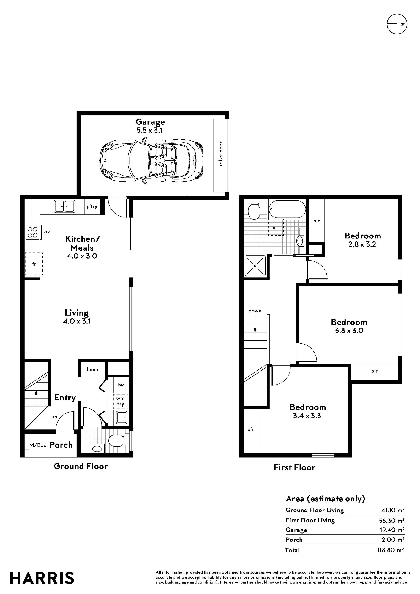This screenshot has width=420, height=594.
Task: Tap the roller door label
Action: pyautogui.click(x=221, y=154)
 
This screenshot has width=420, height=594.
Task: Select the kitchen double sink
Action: pyautogui.click(x=64, y=206)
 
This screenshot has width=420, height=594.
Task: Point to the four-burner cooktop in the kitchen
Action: pyautogui.click(x=32, y=232)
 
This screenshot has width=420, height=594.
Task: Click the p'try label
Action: pyautogui.click(x=92, y=206)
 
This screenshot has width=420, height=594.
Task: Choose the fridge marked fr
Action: pyautogui.click(x=34, y=264)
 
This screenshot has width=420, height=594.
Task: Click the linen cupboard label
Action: pyautogui.click(x=92, y=369)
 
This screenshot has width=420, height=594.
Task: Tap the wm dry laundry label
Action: pyautogui.click(x=120, y=401)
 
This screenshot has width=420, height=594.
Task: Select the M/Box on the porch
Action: pyautogui.click(x=38, y=445)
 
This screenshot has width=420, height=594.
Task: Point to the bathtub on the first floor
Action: pyautogui.click(x=287, y=209)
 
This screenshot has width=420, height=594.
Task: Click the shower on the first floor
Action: pyautogui.click(x=255, y=265)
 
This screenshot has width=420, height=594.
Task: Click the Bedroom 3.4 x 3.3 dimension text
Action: pyautogui.click(x=307, y=416)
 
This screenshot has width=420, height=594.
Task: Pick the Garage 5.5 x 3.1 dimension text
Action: pyautogui.click(x=150, y=130)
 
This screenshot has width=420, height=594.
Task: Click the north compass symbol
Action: pyautogui.click(x=397, y=24)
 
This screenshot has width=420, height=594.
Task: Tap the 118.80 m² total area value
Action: pyautogui.click(x=391, y=550)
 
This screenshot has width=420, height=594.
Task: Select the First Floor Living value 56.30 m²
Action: pyautogui.click(x=391, y=520)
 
